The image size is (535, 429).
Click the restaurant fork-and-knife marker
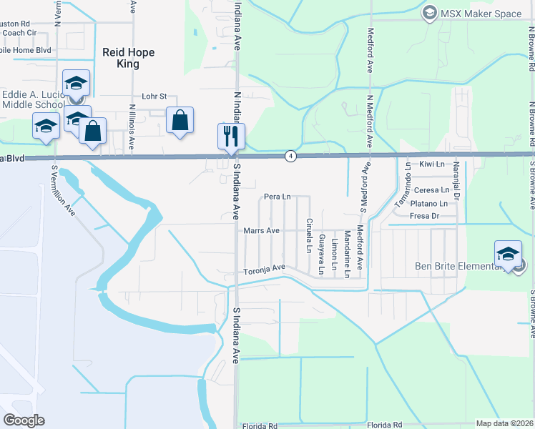231,136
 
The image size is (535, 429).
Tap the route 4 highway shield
290,155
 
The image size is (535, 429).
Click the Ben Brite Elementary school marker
508,255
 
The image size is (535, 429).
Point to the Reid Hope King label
129,58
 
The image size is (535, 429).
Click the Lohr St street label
154,96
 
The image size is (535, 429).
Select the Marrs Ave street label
261,230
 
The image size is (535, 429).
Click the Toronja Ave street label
264,268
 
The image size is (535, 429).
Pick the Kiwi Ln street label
432,164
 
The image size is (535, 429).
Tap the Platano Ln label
429,203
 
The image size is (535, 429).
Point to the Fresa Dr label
424,215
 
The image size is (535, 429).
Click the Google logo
24,420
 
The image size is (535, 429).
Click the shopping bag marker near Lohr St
180,121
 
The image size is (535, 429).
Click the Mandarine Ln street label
347,253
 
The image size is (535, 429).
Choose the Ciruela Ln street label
309,235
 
